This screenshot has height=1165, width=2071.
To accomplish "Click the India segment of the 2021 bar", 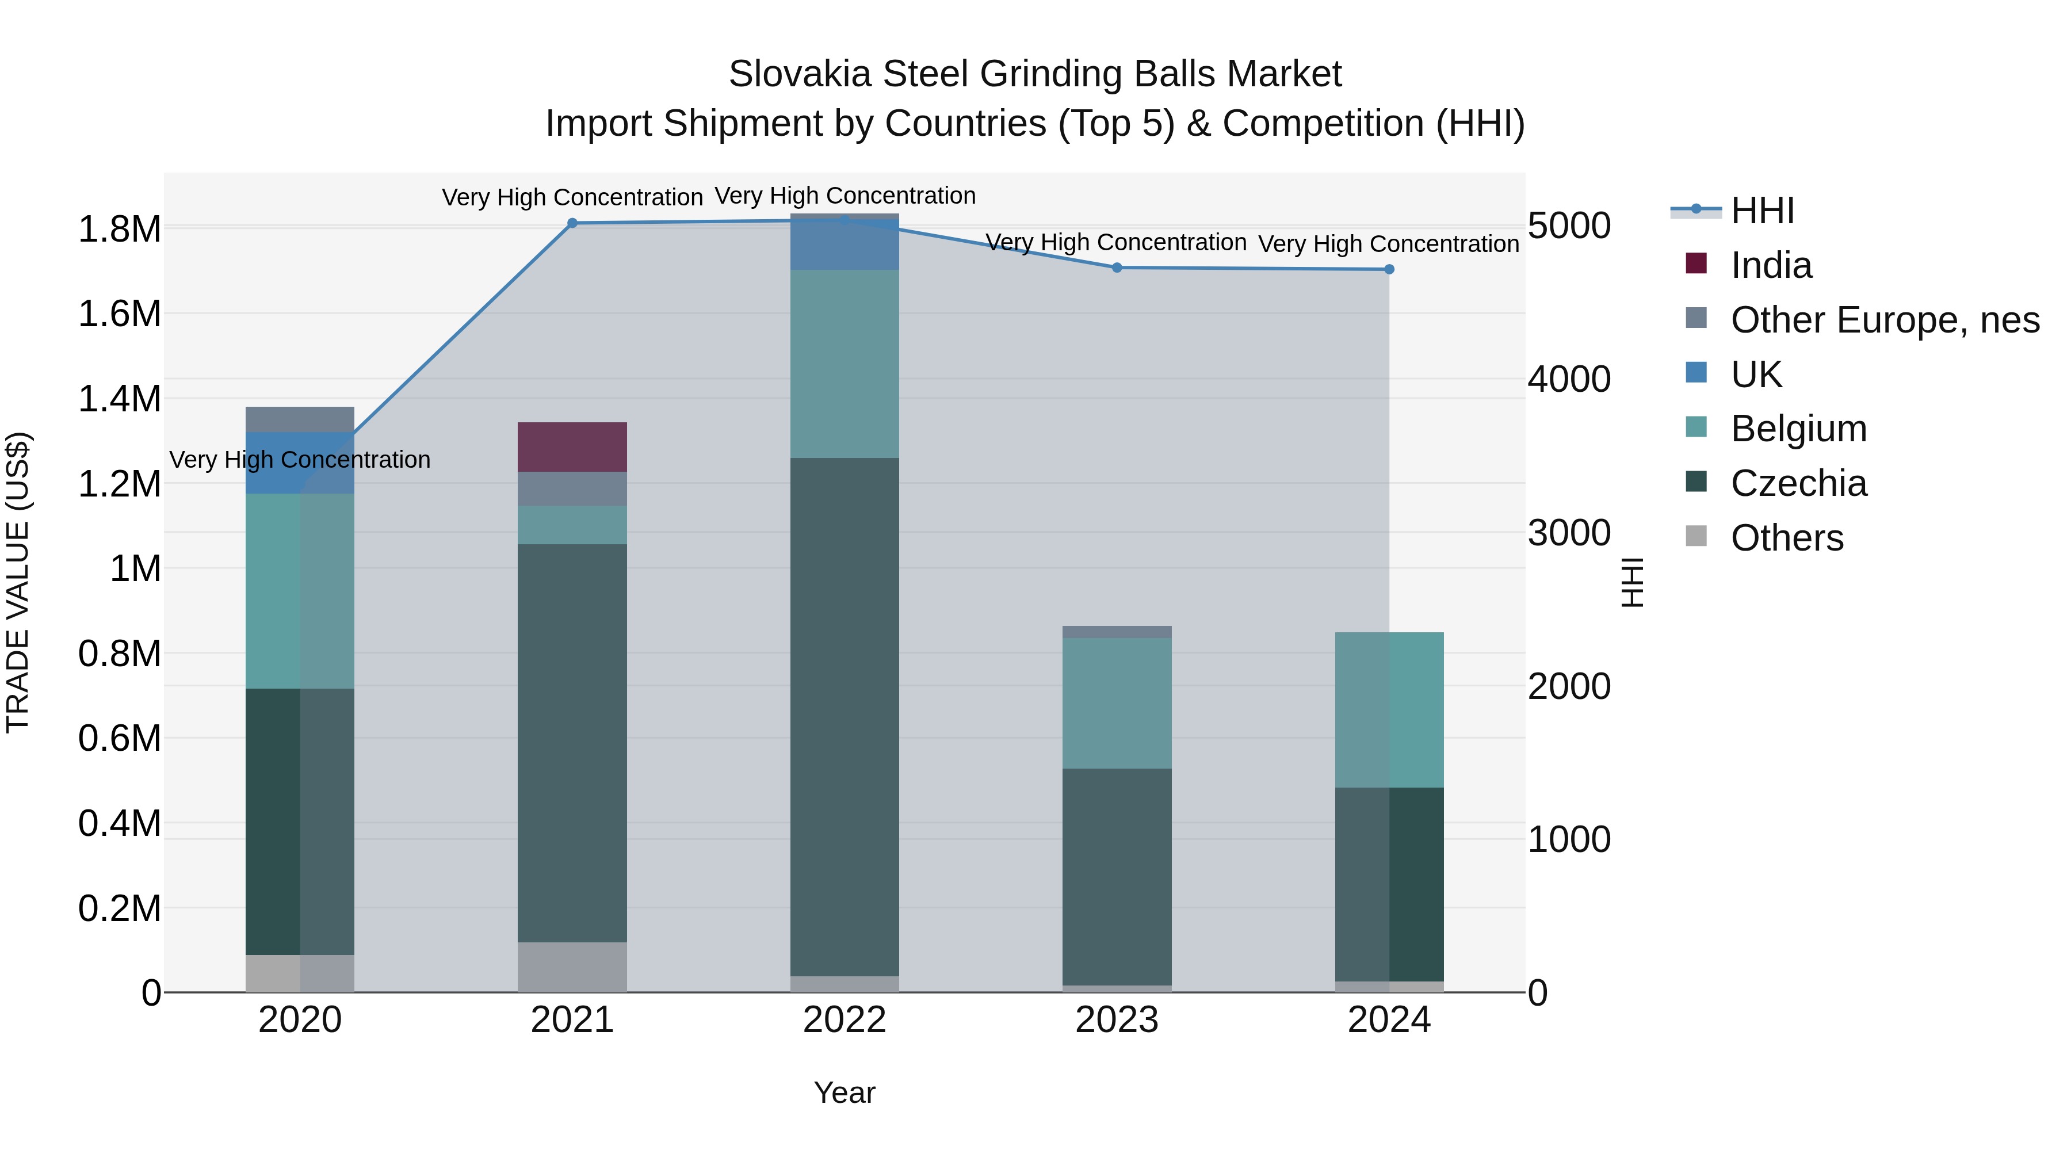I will pos(572,447).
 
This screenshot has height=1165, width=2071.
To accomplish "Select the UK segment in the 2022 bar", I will pos(844,245).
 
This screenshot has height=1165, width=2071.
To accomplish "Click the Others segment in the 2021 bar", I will pos(572,967).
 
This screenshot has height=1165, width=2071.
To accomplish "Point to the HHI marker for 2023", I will pos(1117,268).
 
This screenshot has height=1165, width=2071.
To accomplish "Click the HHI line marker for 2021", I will pos(572,224).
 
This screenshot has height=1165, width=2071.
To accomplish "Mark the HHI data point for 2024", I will pos(1389,269).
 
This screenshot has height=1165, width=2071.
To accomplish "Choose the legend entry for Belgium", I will pos(1798,429).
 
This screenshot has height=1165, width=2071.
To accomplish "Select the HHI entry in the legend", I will pos(1762,211).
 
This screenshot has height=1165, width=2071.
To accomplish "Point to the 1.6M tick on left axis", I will pos(119,314).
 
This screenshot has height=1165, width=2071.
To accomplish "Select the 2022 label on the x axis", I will pos(844,1020).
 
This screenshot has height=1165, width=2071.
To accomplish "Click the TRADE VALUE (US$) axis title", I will pos(18,582).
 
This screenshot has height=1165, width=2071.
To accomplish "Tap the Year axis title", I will pos(844,1093).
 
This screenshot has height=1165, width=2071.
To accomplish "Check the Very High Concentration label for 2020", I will pos(300,460).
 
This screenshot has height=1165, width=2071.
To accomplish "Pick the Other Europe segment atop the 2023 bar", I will pos(1117,632).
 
